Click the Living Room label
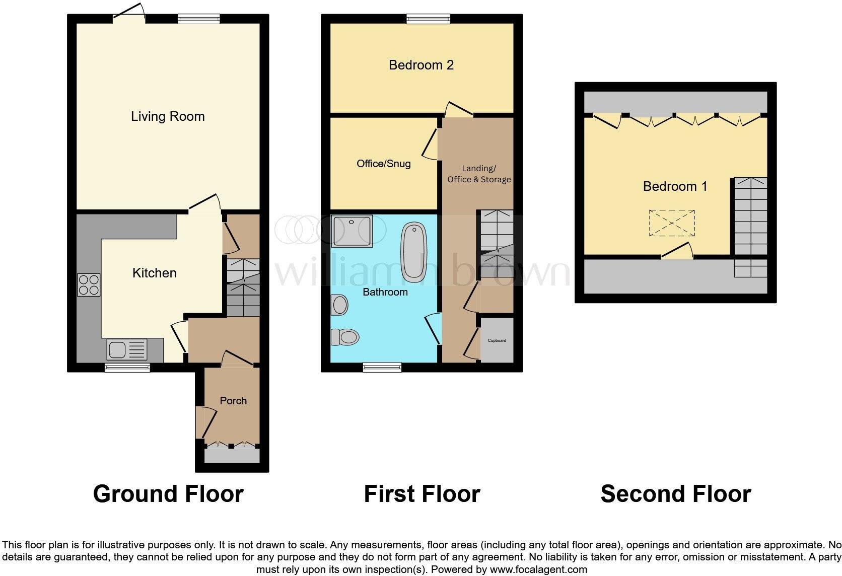click(168, 116)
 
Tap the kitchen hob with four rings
click(89, 284)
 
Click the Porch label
click(233, 401)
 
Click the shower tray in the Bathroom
click(352, 231)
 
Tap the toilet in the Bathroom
click(344, 337)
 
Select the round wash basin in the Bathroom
click(340, 305)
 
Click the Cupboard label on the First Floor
click(497, 340)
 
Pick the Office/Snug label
click(383, 164)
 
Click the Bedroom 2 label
click(421, 65)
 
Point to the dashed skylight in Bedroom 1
click(672, 223)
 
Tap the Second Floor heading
click(675, 494)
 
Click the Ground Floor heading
click(168, 494)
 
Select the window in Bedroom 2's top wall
click(428, 19)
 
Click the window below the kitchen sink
click(127, 368)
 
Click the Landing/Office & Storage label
click(479, 174)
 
